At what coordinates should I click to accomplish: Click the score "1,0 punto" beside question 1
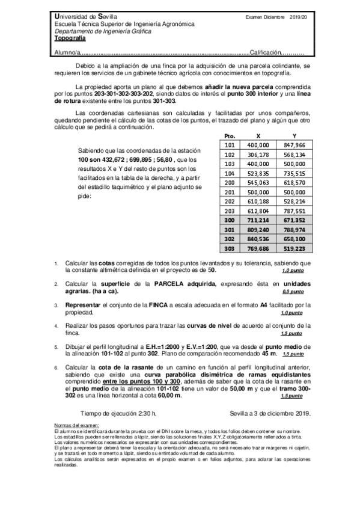tap(293, 271)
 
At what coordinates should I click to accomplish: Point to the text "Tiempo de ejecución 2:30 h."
tap(118, 414)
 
